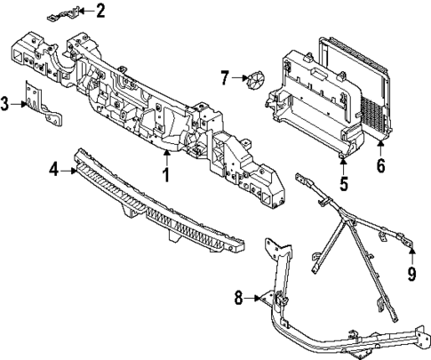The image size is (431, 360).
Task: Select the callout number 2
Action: (100, 11)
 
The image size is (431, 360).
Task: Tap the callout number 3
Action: (6, 104)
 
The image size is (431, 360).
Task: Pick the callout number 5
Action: (342, 185)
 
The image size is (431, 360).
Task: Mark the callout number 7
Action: (225, 79)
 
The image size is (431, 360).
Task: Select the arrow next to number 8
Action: (257, 299)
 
